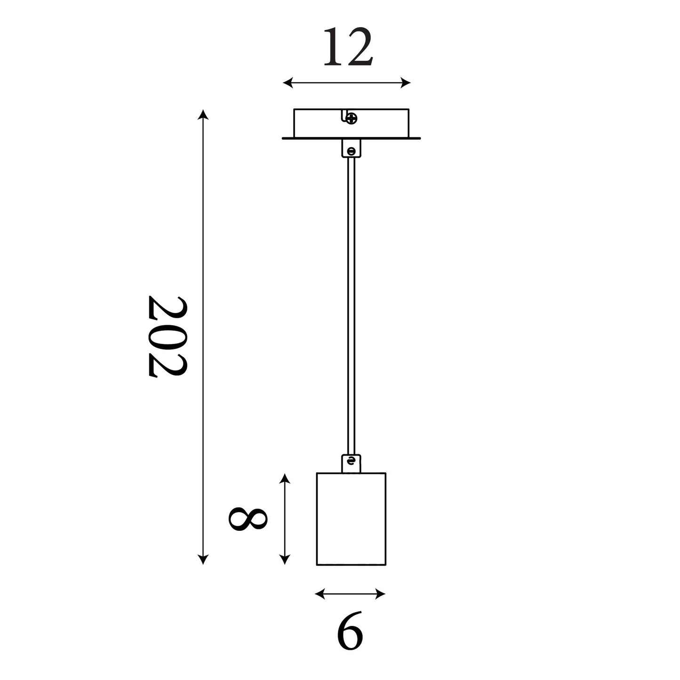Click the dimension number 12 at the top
(348, 47)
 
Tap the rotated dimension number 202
(167, 336)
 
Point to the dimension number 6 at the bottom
(350, 635)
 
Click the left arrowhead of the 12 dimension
(288, 83)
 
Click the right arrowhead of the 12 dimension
(406, 83)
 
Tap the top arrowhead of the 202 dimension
(203, 115)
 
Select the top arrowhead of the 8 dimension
(284, 479)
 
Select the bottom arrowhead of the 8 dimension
(284, 560)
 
